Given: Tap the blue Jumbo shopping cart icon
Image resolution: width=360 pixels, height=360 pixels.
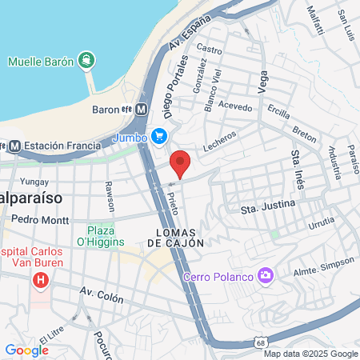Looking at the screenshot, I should (x=158, y=136).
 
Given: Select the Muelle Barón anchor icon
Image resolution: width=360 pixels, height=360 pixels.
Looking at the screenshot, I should (x=86, y=60).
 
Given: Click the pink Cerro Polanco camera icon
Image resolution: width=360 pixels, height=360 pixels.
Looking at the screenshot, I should (x=266, y=276).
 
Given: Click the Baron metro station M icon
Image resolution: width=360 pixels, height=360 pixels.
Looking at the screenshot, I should (x=142, y=109).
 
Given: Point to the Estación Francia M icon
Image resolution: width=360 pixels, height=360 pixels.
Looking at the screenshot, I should (x=13, y=146).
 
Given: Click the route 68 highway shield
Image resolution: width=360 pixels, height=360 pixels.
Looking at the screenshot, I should (x=262, y=342).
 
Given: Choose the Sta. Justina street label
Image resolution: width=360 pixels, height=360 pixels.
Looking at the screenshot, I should (x=268, y=207).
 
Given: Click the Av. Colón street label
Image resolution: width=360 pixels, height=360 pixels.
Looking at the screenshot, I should (x=102, y=296).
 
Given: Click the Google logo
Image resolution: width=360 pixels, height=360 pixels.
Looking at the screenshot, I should (x=26, y=350).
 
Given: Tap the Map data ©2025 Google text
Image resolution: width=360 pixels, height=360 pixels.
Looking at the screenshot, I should (x=311, y=354).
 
